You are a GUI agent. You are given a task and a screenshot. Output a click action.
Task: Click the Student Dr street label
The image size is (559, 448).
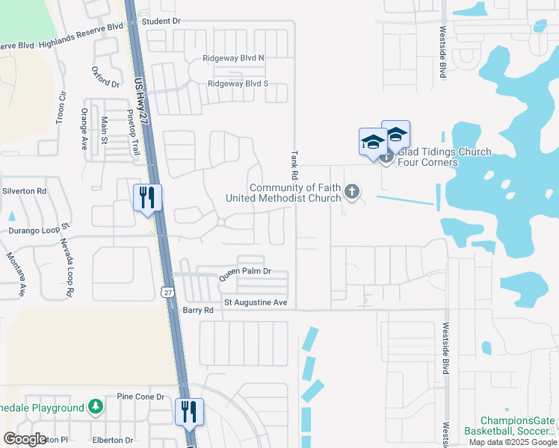(161, 22)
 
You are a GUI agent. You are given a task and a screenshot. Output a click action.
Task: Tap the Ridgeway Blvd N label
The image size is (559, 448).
(233, 58)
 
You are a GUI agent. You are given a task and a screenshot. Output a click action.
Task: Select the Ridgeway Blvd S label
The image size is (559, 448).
(238, 84)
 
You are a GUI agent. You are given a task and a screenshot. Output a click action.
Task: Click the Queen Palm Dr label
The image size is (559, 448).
(244, 274)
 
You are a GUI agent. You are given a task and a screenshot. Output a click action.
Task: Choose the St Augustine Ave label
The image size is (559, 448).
(256, 303)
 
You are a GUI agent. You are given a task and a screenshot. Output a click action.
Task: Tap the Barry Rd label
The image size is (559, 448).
(198, 310)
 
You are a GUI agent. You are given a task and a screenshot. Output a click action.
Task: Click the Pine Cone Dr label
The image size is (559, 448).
(140, 396)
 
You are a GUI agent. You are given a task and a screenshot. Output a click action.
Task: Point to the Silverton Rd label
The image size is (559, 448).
(25, 191)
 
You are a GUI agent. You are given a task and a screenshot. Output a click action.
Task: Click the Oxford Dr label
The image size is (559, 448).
(105, 78)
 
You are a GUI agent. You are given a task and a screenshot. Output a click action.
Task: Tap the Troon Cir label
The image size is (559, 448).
(61, 109)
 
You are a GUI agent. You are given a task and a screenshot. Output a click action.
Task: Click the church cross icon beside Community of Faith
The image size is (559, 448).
(352, 193)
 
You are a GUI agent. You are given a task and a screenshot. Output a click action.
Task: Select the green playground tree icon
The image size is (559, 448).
(95, 408)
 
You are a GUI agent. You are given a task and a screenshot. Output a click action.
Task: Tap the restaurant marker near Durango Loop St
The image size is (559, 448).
(147, 198)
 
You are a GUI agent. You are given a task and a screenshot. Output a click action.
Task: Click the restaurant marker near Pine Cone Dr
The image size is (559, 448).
(189, 411)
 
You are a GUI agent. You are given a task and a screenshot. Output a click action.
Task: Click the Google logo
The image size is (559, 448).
(25, 438)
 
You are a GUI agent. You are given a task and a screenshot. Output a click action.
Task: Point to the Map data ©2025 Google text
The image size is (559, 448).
(512, 442)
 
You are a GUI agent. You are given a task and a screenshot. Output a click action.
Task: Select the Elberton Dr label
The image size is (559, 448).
(111, 441)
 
